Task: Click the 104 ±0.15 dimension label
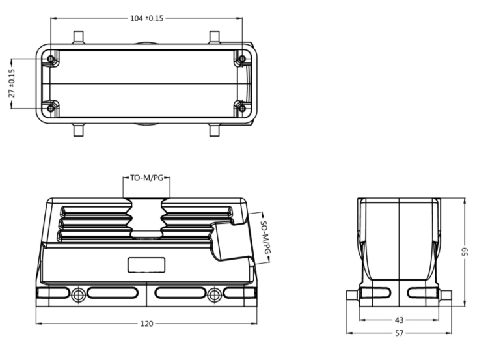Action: coord(146,18)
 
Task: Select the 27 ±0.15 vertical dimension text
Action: coord(12,83)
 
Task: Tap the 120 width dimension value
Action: coord(146,324)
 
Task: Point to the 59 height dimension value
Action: coord(465,252)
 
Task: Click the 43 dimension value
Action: coord(399,320)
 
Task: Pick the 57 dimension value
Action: coord(399,333)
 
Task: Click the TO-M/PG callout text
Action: coord(146,178)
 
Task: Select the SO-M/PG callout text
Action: coord(265,238)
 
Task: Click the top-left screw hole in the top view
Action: coord(51,59)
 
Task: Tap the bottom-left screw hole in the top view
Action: coord(51,108)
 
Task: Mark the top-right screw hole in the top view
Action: coord(242,59)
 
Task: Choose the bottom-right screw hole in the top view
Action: coord(242,108)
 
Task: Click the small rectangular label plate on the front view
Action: coord(146,265)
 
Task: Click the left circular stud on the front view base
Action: coord(78,295)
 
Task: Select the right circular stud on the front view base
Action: coord(215,295)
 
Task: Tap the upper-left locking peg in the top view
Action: coord(79,37)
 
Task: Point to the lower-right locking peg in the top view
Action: coord(215,130)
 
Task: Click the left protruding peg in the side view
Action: coord(353,296)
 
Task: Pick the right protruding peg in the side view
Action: coord(445,296)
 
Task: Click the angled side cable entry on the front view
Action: coord(233,239)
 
